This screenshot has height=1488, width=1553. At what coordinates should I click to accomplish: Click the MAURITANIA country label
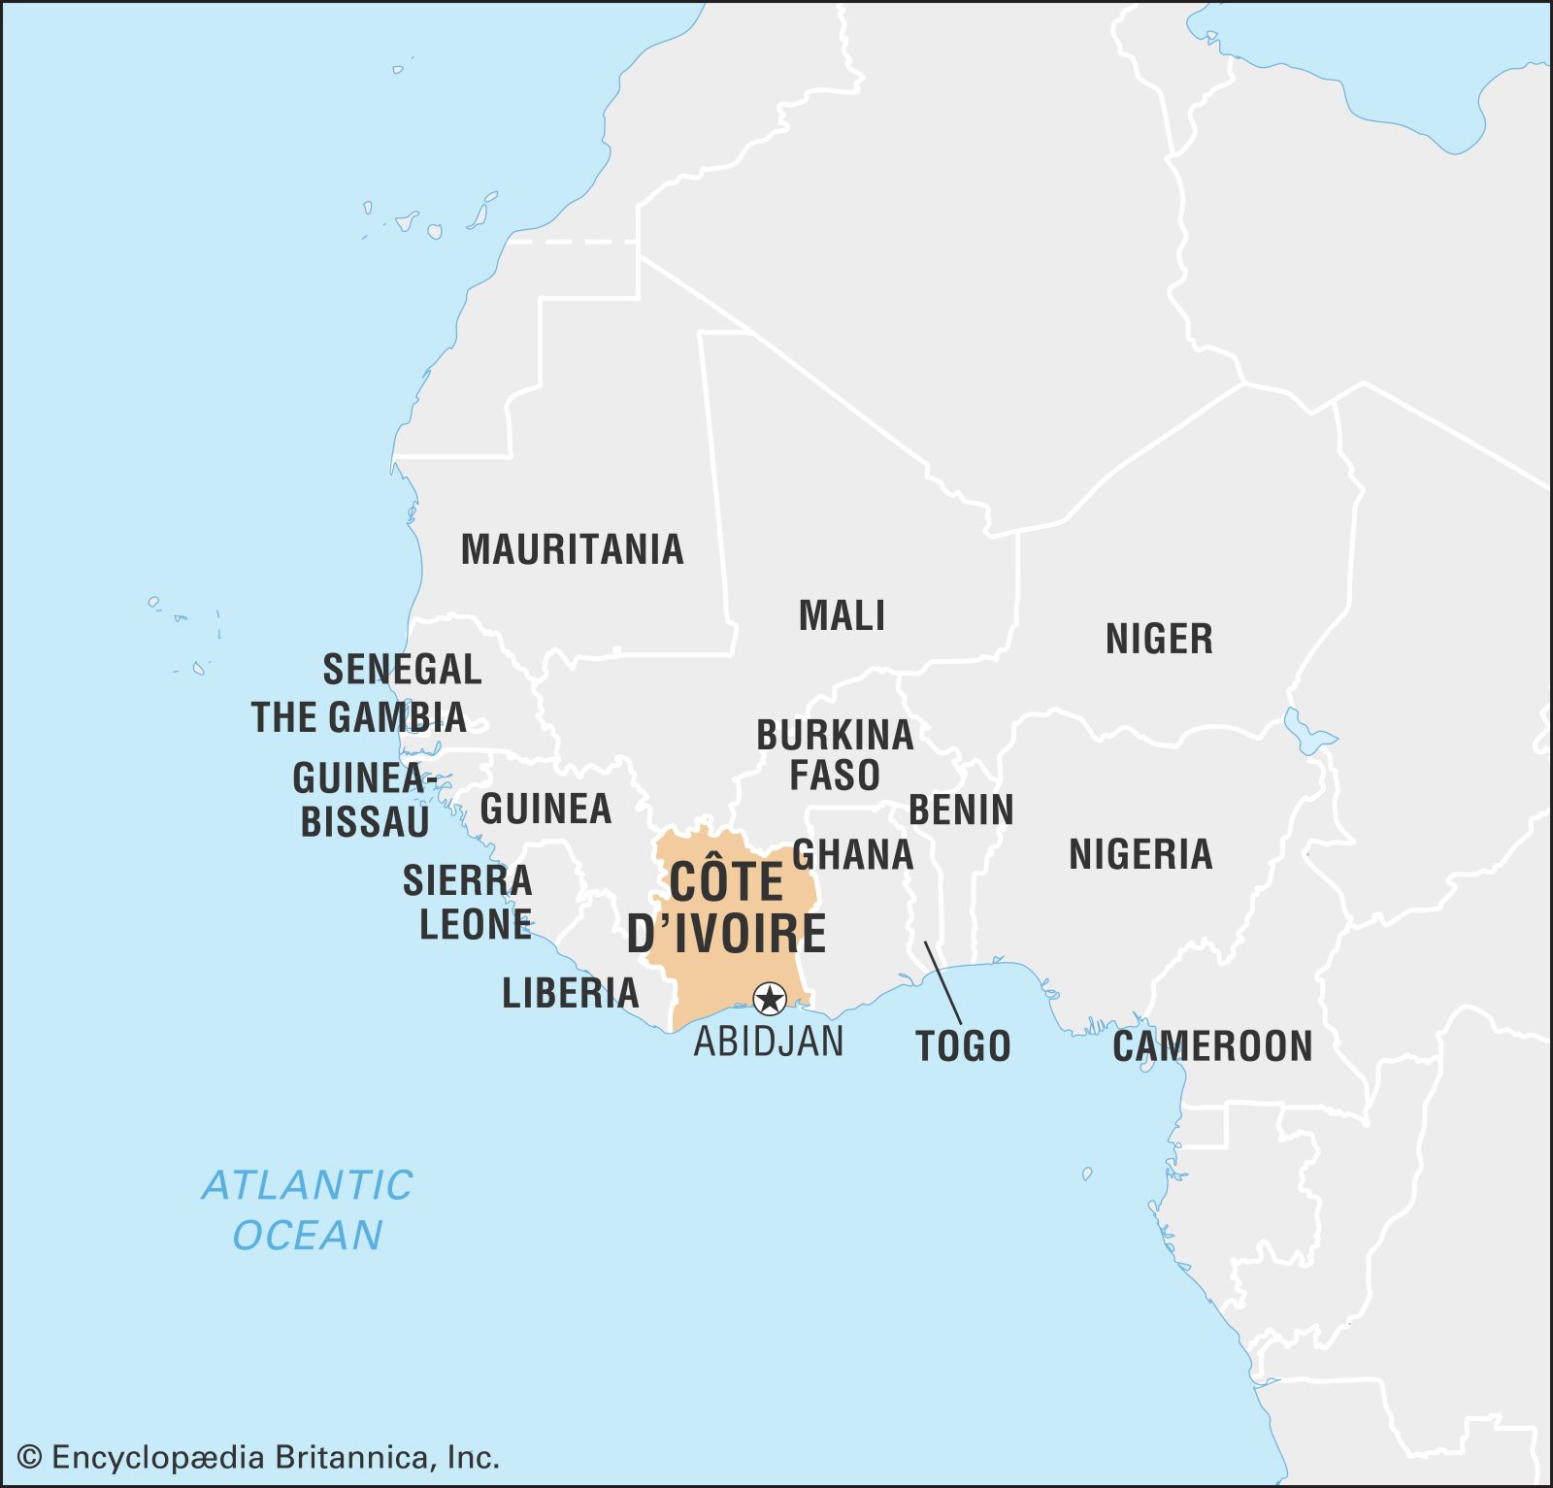[x=572, y=549]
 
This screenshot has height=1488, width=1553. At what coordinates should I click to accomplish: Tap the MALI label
[x=842, y=616]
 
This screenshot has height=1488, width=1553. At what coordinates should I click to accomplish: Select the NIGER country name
[x=1159, y=640]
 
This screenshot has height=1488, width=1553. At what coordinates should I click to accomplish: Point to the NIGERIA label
[x=1140, y=855]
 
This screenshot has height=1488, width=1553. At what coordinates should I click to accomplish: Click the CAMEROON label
[x=1212, y=1046]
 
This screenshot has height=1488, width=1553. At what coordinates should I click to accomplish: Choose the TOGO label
[x=963, y=1046]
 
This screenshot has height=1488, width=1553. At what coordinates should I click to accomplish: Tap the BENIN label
[x=961, y=810]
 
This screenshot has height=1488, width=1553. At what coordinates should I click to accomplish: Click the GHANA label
[x=853, y=855]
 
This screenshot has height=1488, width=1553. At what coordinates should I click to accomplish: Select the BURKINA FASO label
[x=835, y=755]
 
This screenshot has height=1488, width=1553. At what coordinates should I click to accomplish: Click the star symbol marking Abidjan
[x=770, y=998]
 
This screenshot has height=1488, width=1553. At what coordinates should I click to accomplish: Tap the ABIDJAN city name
[x=769, y=1042]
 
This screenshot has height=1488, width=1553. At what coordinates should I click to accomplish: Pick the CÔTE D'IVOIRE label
[x=726, y=908]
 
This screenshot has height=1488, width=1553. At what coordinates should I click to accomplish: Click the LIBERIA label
[x=571, y=993]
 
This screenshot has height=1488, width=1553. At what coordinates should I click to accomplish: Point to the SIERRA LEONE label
[x=468, y=903]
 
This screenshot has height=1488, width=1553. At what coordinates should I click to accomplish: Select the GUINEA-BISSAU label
[x=363, y=800]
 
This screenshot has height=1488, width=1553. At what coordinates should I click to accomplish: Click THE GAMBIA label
[x=359, y=717]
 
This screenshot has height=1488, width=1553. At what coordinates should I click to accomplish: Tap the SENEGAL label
[x=402, y=670]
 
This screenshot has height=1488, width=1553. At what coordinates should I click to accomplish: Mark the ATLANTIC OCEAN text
[x=308, y=1209]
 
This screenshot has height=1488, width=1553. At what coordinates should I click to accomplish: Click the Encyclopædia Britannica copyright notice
[x=259, y=1457]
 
